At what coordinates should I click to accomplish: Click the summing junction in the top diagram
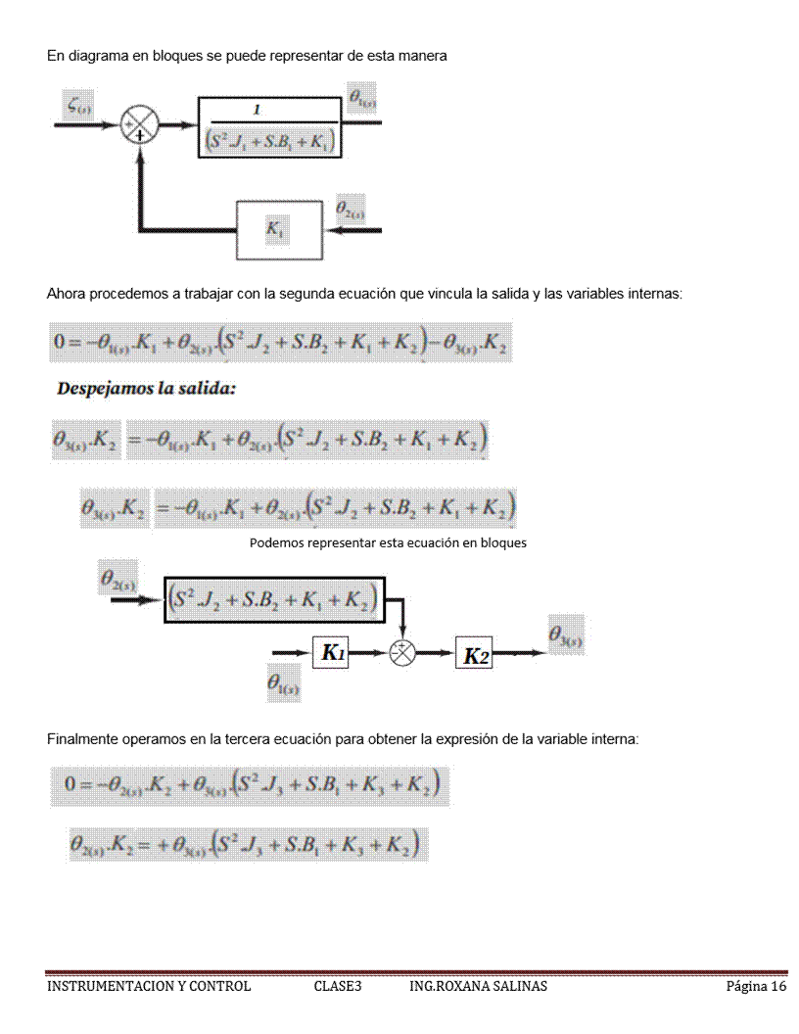click(x=139, y=125)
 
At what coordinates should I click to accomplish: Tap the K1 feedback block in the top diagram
click(x=279, y=228)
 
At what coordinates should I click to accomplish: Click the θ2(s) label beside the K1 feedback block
click(x=351, y=209)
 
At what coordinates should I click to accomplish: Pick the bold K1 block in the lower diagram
click(x=337, y=653)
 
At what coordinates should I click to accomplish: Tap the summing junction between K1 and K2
click(x=403, y=654)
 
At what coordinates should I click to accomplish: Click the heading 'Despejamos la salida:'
click(x=147, y=389)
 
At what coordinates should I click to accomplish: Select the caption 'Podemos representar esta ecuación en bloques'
click(x=388, y=543)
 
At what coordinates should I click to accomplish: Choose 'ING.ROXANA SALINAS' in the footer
click(x=478, y=986)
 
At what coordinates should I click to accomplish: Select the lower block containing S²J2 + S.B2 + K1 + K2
click(x=274, y=597)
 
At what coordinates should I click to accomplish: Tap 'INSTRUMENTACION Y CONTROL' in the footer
click(x=149, y=986)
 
